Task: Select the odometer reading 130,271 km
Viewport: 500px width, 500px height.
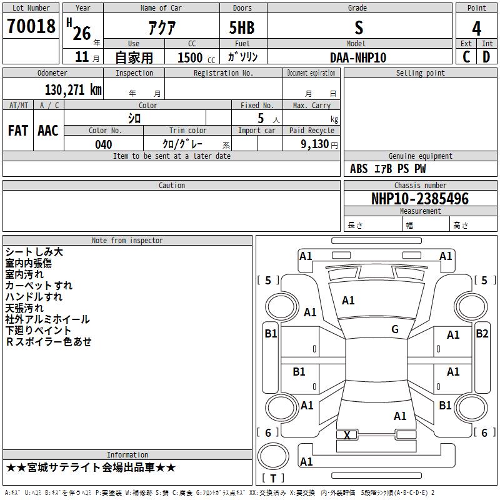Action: coord(72,90)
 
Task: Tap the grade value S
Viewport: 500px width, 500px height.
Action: coord(358,27)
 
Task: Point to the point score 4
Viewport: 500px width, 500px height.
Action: coord(476,28)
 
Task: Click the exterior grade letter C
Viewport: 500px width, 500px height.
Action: coord(466,57)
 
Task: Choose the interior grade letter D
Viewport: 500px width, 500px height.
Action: coord(486,57)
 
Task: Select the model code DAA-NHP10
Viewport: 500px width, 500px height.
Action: coord(358,57)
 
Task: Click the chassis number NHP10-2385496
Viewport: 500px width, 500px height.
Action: coord(419,199)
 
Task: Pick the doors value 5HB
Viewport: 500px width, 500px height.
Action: coord(242,27)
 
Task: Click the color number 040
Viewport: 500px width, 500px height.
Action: coord(103,144)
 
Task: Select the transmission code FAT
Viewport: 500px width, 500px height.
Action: coord(17,131)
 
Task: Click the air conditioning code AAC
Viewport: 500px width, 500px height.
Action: coord(48,131)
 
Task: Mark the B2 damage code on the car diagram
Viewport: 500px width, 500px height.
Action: coord(482,334)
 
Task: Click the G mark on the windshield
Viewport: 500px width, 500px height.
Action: coord(395,329)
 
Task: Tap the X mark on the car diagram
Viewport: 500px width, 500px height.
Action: coord(347,435)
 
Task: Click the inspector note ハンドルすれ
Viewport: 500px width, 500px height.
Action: coord(34,297)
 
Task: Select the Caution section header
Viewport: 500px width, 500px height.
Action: coord(171,186)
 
